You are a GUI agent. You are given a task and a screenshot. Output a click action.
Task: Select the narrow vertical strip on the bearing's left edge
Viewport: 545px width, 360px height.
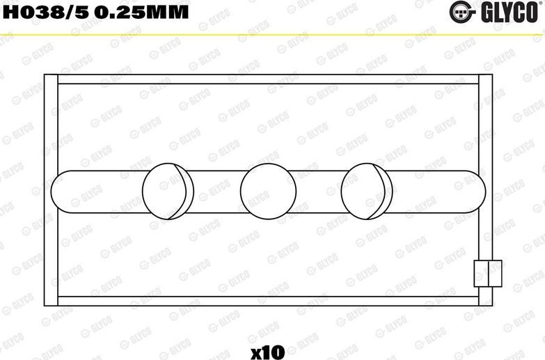coord(50,189)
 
